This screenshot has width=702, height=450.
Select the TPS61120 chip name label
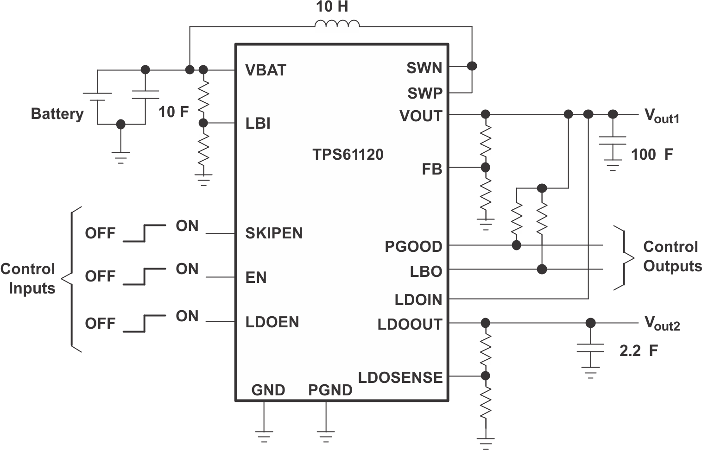point(348,154)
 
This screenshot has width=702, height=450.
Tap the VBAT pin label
point(266,70)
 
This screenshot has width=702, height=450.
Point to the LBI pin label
point(258,124)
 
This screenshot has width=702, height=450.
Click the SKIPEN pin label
point(273,233)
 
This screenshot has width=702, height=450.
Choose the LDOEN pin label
point(272,322)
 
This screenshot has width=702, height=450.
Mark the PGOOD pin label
point(413,247)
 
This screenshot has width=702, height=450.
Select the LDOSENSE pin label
point(400,378)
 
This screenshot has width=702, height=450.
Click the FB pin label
point(431,169)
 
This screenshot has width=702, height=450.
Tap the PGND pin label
point(330,390)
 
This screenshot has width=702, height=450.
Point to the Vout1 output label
point(662,116)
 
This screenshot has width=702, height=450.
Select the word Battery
point(57,113)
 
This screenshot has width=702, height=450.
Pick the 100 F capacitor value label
point(651,154)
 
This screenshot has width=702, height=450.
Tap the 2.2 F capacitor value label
point(639,351)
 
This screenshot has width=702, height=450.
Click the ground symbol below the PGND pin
point(326,436)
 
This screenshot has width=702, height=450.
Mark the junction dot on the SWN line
point(472,66)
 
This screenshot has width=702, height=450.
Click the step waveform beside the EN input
point(145,276)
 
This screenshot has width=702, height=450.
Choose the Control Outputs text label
point(672,256)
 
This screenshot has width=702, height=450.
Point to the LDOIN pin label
point(418,300)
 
